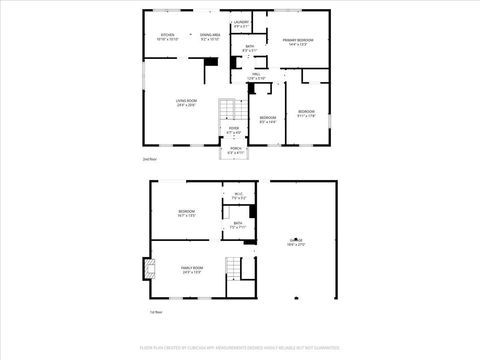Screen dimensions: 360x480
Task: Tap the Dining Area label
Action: pyautogui.click(x=210, y=37)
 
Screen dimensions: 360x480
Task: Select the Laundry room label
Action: pyautogui.click(x=241, y=23)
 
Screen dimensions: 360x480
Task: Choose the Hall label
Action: pyautogui.click(x=256, y=75)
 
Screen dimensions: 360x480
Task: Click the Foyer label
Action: pyautogui.click(x=233, y=130)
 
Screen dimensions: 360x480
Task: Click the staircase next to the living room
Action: pyautogui.click(x=232, y=110)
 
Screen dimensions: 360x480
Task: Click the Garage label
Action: pyautogui.click(x=296, y=242)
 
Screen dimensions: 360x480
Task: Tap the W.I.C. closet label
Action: pyautogui.click(x=239, y=196)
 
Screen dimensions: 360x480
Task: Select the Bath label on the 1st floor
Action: pyautogui.click(x=238, y=226)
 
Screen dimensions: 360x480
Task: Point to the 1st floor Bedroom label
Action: pyautogui.click(x=187, y=213)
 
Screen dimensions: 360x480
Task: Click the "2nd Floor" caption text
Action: pyautogui.click(x=149, y=159)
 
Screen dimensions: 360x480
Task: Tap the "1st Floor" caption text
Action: pyautogui.click(x=156, y=313)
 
